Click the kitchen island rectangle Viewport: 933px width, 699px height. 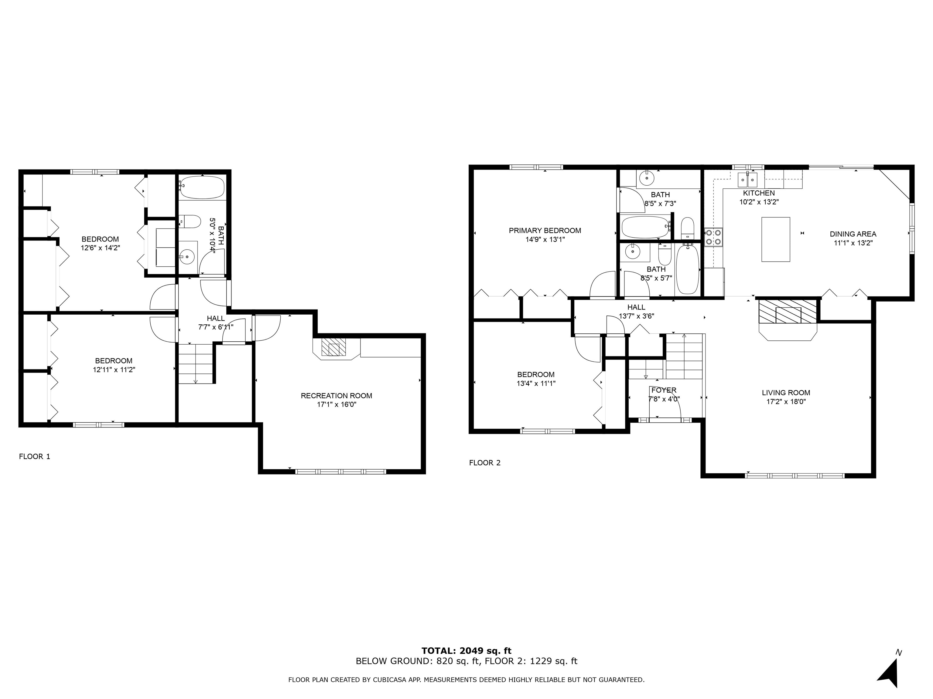click(x=775, y=239)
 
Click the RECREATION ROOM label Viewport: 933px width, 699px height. click(x=336, y=396)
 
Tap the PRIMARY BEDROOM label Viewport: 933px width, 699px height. click(x=545, y=231)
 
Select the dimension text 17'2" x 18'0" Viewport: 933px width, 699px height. click(x=786, y=402)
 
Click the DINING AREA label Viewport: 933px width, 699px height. click(x=853, y=234)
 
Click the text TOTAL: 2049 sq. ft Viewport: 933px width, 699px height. click(x=466, y=650)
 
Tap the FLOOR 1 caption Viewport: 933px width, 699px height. click(x=35, y=456)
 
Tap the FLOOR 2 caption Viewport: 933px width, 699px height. click(x=485, y=463)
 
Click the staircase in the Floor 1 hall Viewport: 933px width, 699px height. click(x=195, y=363)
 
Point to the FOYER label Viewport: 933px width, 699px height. click(x=664, y=390)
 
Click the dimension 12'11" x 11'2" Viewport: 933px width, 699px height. click(x=114, y=370)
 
